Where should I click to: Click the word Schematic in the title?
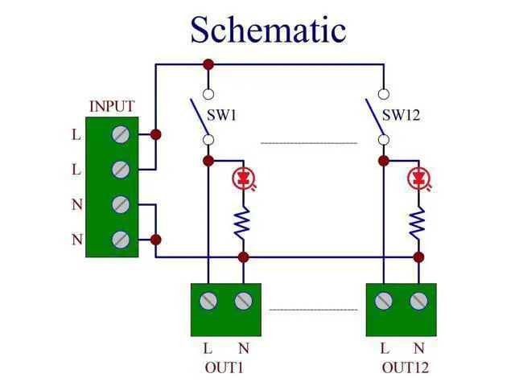[x=268, y=30]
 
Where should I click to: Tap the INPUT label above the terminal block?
[x=112, y=106]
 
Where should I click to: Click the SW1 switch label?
[x=221, y=115]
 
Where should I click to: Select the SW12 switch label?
[x=401, y=115]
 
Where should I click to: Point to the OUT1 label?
[x=224, y=368]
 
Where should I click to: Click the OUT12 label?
[x=406, y=368]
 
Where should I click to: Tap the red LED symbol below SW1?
[x=243, y=179]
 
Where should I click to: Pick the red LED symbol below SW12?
[x=418, y=179]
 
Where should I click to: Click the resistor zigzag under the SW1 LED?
[x=242, y=223]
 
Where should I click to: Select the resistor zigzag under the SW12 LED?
[x=418, y=223]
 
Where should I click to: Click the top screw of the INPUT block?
[x=121, y=134]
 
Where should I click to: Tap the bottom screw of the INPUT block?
[x=121, y=240]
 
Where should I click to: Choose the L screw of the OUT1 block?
[x=208, y=301]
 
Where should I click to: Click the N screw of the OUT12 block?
[x=418, y=301]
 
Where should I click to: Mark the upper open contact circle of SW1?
[x=208, y=94]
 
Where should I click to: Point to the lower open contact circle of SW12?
[x=384, y=140]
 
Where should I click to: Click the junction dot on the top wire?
[x=208, y=64]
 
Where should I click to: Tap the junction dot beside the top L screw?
[x=155, y=134]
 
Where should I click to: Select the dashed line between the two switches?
[x=309, y=143]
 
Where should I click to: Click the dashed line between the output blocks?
[x=313, y=310]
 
